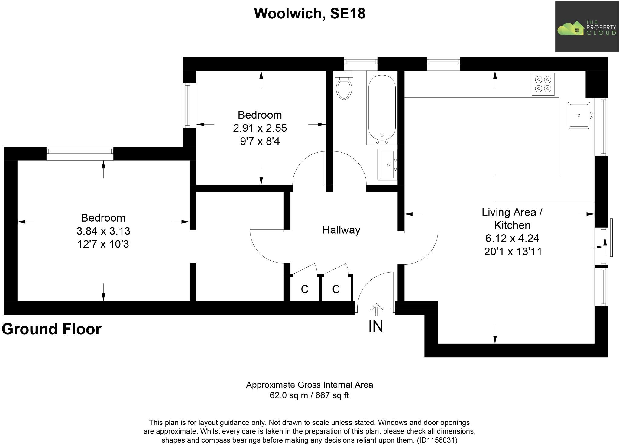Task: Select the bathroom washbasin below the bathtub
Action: click(x=387, y=165)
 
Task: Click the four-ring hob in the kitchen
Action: click(x=543, y=84)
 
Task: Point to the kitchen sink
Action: click(x=579, y=115)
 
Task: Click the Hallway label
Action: click(x=341, y=230)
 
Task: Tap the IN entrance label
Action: click(x=376, y=326)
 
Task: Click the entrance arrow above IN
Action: click(x=376, y=310)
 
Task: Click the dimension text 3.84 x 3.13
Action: click(x=103, y=231)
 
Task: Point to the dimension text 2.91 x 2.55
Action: click(x=260, y=128)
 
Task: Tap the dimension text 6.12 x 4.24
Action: click(x=512, y=238)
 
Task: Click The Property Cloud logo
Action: click(x=586, y=27)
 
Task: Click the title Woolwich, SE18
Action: click(x=309, y=14)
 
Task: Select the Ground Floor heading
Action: click(x=52, y=329)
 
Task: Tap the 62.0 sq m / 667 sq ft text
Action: click(x=309, y=395)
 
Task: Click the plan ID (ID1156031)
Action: click(x=437, y=440)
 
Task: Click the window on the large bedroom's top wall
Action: click(x=80, y=153)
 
